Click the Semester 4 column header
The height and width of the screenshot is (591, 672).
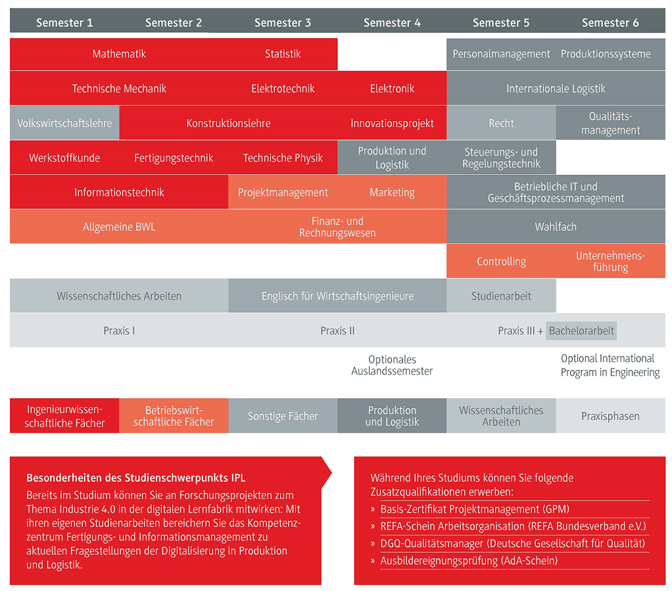(x=392, y=22)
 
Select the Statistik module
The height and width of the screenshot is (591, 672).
(x=283, y=54)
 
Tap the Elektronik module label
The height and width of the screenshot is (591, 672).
(x=392, y=89)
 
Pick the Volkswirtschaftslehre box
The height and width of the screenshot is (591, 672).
(x=64, y=123)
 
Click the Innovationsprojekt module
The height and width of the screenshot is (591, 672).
(x=392, y=123)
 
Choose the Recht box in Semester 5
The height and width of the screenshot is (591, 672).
(x=502, y=123)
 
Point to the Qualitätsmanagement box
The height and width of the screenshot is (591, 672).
(x=611, y=123)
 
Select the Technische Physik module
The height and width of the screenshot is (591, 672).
(x=283, y=158)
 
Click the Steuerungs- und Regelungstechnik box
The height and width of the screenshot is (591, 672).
(x=502, y=158)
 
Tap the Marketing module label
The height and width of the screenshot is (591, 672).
(x=392, y=193)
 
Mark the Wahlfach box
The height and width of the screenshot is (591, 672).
(x=556, y=226)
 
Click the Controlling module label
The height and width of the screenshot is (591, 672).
(x=502, y=262)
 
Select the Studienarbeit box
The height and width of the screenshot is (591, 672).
(x=502, y=296)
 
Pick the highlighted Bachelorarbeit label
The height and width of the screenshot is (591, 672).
(x=581, y=330)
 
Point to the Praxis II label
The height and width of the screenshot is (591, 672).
(x=338, y=330)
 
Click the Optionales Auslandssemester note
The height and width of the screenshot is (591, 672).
(x=392, y=365)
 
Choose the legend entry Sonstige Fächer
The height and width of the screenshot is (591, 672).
(x=283, y=415)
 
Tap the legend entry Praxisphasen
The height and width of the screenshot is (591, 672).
(x=611, y=415)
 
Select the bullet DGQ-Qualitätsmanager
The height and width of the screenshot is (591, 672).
(x=513, y=544)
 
